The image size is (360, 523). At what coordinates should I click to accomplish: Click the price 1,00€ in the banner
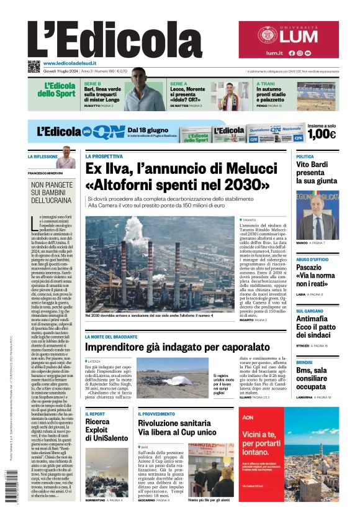click(x=322, y=134)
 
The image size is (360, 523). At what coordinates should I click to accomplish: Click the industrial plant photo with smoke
click(x=160, y=263)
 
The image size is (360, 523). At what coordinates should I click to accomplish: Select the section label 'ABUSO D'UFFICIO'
click(x=313, y=260)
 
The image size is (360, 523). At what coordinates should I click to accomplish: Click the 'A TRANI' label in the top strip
click(x=266, y=83)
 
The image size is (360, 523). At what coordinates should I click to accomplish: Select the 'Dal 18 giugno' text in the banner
click(x=147, y=125)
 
